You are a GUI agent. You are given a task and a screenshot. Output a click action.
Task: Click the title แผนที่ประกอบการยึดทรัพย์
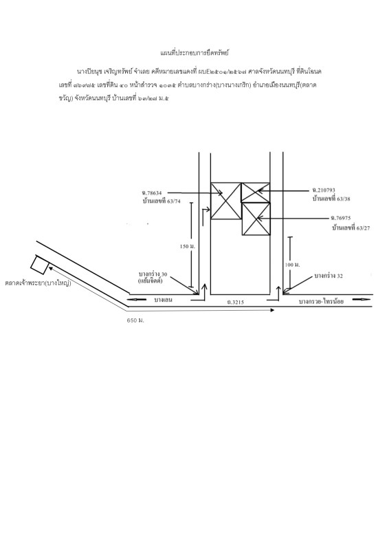pyautogui.click(x=194, y=53)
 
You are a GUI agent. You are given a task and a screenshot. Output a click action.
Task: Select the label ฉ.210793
pyautogui.click(x=324, y=190)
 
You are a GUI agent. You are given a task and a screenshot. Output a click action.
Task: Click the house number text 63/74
pyautogui.click(x=174, y=201)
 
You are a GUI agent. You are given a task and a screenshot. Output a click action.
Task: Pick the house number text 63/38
pyautogui.click(x=344, y=199)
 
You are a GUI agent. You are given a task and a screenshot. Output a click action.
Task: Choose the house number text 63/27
pyautogui.click(x=363, y=228)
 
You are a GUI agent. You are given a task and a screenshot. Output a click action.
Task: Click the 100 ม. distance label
pyautogui.click(x=293, y=265)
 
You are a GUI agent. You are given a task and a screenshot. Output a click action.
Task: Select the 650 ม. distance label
pyautogui.click(x=135, y=320)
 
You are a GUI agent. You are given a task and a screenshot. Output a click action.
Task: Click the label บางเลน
pyautogui.click(x=163, y=300)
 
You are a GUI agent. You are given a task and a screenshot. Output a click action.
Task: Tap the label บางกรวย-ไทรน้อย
pyautogui.click(x=321, y=301)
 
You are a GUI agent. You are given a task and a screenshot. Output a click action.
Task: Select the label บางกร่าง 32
pyautogui.click(x=329, y=276)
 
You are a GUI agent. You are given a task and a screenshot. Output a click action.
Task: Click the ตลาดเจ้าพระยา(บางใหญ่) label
pyautogui.click(x=38, y=283)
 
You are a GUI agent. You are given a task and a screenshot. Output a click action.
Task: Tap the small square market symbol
pyautogui.click(x=39, y=265)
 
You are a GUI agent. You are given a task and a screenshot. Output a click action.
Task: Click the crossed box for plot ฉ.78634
pyautogui.click(x=226, y=201)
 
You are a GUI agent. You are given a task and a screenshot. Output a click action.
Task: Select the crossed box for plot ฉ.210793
pyautogui.click(x=256, y=192)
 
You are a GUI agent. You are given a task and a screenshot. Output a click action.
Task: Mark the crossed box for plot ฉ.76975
pyautogui.click(x=256, y=219)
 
